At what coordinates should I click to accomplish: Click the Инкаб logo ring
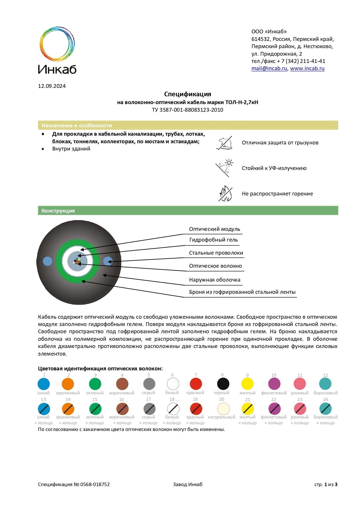tap(57, 44)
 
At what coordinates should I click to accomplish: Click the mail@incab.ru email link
tap(269, 68)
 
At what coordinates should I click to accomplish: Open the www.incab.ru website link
tap(307, 68)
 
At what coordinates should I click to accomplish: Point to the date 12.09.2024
tap(52, 86)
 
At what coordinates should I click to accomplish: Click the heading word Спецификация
tap(187, 94)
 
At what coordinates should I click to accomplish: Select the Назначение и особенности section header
tap(77, 126)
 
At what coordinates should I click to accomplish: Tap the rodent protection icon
tap(225, 143)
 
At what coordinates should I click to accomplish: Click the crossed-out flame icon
tap(225, 194)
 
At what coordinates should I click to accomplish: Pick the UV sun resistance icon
tap(225, 168)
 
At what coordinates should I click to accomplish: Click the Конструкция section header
tap(58, 211)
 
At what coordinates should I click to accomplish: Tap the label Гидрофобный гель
tap(214, 240)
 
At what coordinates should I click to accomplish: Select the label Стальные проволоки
tap(216, 253)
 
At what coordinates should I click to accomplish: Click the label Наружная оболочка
tap(215, 280)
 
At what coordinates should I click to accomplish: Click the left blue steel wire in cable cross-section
tap(48, 261)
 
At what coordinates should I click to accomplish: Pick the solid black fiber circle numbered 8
tap(223, 384)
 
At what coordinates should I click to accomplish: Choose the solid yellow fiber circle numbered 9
tap(247, 384)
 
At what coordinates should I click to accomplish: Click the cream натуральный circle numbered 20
tap(223, 409)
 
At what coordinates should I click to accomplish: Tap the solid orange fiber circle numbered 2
tap(68, 384)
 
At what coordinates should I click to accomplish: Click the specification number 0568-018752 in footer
tap(95, 484)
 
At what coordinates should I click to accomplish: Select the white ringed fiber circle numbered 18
tap(173, 409)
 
